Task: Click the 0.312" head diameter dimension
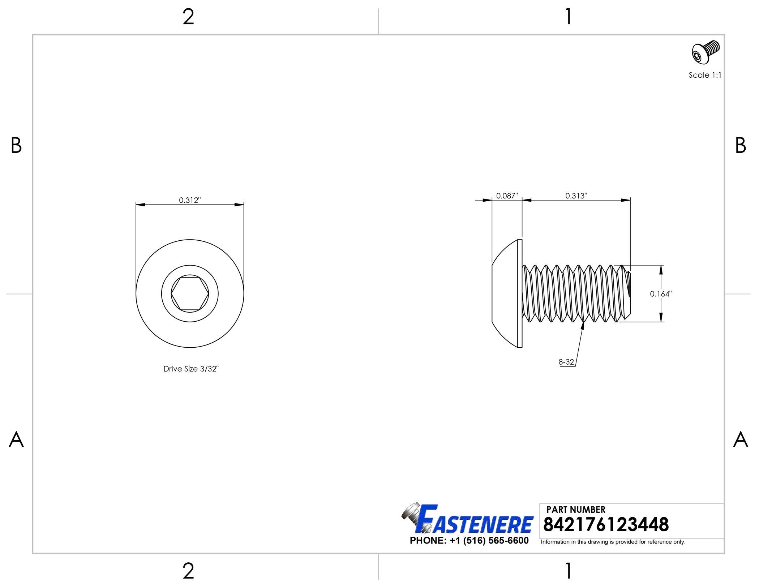(x=190, y=200)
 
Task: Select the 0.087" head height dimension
(x=507, y=196)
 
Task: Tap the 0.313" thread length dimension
(x=576, y=196)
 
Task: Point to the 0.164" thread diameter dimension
(x=661, y=294)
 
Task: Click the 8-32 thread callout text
(x=566, y=362)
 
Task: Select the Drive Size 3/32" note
(x=191, y=369)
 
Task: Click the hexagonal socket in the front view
(x=190, y=294)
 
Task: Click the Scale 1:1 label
(x=705, y=75)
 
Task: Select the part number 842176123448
(x=606, y=524)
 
